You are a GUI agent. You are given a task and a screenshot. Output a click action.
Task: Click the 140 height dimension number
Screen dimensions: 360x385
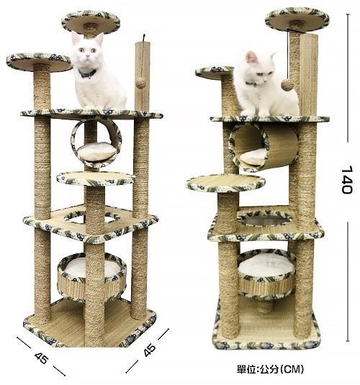pyautogui.click(x=348, y=180)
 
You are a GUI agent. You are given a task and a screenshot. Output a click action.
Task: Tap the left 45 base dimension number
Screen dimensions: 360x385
pyautogui.click(x=41, y=358)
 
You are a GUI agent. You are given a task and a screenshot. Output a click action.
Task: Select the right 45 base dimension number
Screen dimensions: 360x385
pyautogui.click(x=150, y=349)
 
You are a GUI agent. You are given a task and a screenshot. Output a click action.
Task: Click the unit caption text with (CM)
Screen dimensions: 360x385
pyautogui.click(x=270, y=368)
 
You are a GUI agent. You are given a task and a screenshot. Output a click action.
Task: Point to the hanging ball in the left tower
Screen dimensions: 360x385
pyautogui.click(x=140, y=83)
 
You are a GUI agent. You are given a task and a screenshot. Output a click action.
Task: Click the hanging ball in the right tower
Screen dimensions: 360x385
pyautogui.click(x=287, y=85)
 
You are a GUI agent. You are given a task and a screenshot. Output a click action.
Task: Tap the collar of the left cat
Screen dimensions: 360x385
pyautogui.click(x=87, y=73)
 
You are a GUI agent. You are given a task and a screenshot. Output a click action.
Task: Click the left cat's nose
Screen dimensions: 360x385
pyautogui.click(x=88, y=58)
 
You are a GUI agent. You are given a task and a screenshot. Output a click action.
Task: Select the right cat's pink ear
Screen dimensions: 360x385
pyautogui.click(x=251, y=57)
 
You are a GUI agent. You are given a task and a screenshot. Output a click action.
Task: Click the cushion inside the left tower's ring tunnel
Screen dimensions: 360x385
pyautogui.click(x=96, y=152)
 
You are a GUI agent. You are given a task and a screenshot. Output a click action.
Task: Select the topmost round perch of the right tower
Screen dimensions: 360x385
pyautogui.click(x=297, y=19)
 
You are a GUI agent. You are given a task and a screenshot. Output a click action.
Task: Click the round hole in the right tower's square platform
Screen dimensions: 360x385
pyautogui.click(x=265, y=219)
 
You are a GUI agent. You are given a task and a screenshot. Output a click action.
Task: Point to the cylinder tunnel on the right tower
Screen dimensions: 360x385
pyautogui.click(x=264, y=147)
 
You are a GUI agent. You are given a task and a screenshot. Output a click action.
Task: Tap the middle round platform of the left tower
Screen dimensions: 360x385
pyautogui.click(x=96, y=178)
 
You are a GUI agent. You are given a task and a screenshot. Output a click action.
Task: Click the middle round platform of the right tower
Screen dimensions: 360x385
pyautogui.click(x=225, y=183)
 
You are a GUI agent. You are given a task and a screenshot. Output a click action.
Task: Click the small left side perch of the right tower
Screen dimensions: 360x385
pyautogui.click(x=215, y=73)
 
